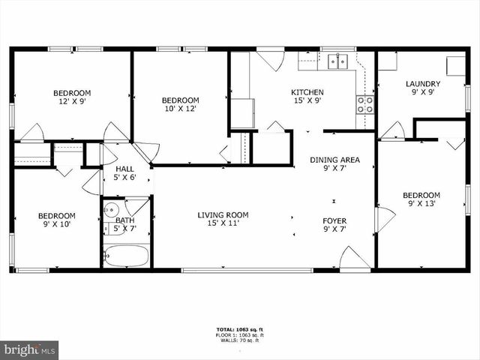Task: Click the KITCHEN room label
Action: point(307,93)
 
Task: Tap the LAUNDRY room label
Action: point(423,84)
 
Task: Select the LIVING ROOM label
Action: point(223,215)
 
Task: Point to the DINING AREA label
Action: point(335,160)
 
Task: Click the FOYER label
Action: point(334,220)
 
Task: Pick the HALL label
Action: point(124,169)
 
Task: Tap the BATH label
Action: point(124,220)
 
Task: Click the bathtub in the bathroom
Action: point(126,256)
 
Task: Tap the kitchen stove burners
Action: point(365,104)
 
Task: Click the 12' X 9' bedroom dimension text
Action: point(71,102)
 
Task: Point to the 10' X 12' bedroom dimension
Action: point(181,109)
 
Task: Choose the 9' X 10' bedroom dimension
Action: point(57,225)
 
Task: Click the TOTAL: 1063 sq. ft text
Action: point(240,329)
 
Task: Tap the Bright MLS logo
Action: point(29,349)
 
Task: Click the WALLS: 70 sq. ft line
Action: point(240,341)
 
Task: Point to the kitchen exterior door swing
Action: point(270,58)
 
